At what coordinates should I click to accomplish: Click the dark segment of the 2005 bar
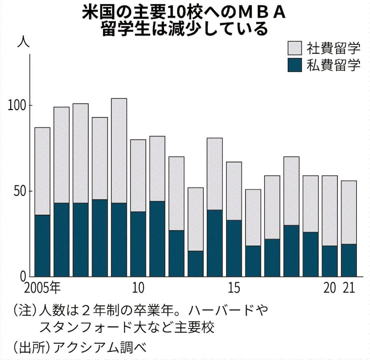tap(42, 245)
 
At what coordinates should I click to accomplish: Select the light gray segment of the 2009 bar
tap(119, 150)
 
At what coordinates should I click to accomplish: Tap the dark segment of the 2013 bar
tap(195, 263)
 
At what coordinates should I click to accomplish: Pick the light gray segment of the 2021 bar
tap(349, 212)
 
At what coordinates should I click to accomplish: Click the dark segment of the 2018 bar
tap(291, 251)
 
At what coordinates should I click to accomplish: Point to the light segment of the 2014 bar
tap(215, 174)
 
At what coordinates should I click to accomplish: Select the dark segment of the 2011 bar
tap(157, 239)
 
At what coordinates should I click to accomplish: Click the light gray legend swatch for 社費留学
tap(294, 48)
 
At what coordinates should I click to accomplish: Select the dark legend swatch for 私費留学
tap(294, 65)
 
